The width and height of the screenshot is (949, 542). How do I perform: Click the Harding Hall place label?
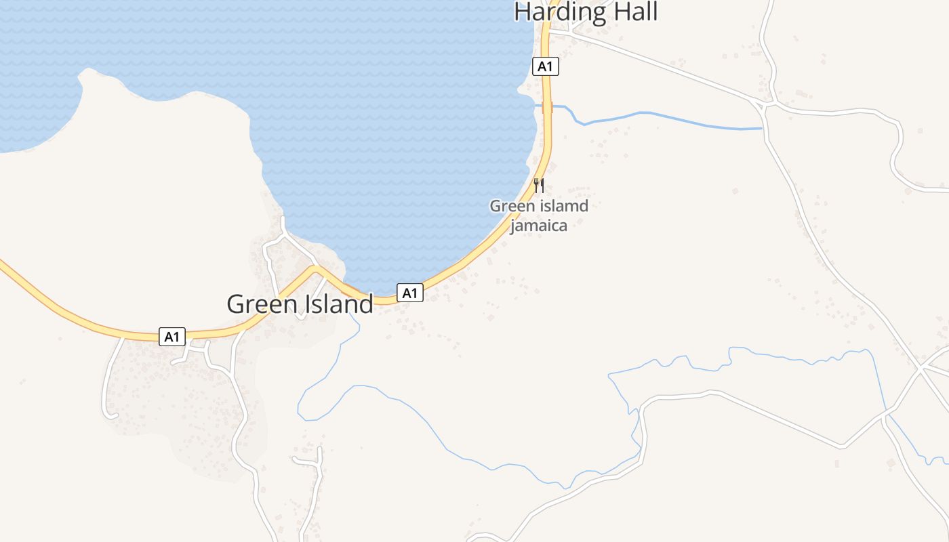coord(586,12)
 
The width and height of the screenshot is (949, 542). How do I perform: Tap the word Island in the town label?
coord(338,304)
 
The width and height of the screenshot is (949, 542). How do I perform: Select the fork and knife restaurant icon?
coord(539,185)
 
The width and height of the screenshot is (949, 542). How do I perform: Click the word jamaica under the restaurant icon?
coord(538,226)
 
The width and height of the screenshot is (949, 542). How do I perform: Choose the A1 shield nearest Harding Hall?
coord(546,66)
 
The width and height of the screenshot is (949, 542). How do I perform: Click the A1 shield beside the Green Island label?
coord(409,293)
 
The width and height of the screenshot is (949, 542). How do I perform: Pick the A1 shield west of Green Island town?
coord(172,336)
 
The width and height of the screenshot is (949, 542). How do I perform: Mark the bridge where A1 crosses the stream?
coord(548,107)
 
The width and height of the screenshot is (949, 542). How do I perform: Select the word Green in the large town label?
coord(260,304)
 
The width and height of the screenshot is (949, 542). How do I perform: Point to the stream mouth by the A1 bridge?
coord(536,105)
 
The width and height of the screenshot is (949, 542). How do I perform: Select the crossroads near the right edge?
coord(920,370)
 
